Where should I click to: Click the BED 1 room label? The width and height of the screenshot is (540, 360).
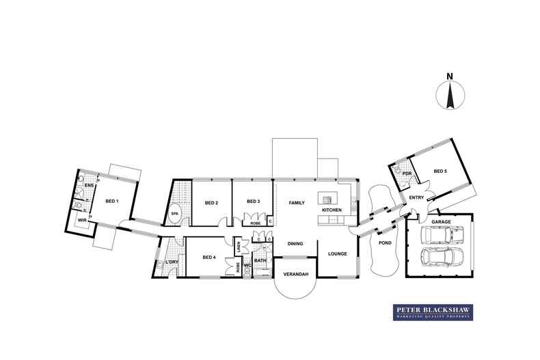(111, 201)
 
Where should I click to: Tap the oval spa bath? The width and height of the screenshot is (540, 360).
(175, 211)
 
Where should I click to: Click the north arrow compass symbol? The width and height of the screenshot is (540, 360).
(451, 95)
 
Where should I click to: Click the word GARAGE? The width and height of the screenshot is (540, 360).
(440, 222)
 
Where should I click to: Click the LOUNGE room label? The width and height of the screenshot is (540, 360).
(338, 253)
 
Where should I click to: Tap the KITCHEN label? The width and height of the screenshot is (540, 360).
(332, 210)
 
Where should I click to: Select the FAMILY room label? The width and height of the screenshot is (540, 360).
(296, 203)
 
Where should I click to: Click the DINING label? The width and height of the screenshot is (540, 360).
(295, 243)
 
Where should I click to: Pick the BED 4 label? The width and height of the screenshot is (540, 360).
(210, 257)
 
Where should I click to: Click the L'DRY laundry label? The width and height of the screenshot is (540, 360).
(172, 262)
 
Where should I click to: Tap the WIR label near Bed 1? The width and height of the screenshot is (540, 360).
(81, 221)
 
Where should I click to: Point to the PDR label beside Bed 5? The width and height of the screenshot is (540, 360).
(407, 174)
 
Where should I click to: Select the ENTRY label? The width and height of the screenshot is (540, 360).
(416, 198)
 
